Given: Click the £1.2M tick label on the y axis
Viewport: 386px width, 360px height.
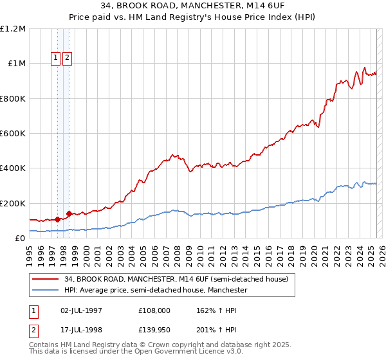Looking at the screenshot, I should pos(13,29).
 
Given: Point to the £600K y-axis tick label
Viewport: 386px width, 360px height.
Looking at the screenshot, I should pos(13,134).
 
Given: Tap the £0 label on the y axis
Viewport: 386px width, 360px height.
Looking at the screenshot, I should pos(19,239).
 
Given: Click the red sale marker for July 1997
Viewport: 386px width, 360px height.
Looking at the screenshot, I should pos(57,219).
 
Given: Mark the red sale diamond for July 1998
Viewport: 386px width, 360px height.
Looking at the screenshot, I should pos(69,213).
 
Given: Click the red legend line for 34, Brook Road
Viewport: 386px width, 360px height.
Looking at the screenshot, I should pos(45,279).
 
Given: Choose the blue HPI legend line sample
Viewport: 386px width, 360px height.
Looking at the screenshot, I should pos(45,291).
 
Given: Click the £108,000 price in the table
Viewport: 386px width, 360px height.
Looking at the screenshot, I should pos(154,310).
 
